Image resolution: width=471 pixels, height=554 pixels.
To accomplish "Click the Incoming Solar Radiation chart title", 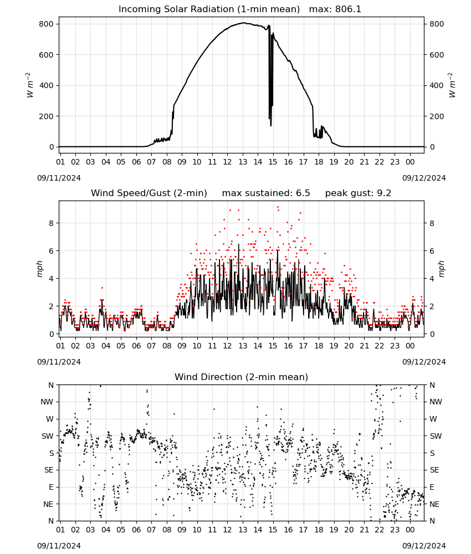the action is (x=209, y=9).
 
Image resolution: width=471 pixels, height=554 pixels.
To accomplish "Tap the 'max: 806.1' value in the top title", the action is (x=335, y=9).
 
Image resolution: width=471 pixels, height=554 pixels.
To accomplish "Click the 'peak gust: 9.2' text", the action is (x=358, y=193).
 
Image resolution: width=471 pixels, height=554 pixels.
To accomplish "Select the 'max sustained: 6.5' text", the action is (x=266, y=193).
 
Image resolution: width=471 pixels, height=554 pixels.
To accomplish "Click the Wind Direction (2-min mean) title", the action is (x=242, y=377).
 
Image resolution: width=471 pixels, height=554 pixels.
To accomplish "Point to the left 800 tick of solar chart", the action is (x=47, y=24).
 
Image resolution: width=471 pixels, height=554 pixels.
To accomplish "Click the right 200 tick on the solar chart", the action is (x=437, y=116).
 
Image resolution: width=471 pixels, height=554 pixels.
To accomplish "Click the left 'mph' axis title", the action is (x=39, y=269).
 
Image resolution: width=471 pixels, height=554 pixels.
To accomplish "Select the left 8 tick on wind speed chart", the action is (x=52, y=223).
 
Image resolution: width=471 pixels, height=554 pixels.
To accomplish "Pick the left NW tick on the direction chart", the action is (x=47, y=402).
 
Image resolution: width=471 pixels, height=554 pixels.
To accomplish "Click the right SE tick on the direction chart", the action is (x=434, y=470).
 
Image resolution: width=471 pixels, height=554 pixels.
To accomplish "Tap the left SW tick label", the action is (x=48, y=436).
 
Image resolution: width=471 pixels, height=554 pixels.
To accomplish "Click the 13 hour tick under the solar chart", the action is (x=243, y=162).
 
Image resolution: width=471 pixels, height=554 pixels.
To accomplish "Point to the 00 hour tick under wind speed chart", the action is (x=410, y=346).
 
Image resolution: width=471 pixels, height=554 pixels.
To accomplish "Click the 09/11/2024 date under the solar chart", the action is (x=59, y=178).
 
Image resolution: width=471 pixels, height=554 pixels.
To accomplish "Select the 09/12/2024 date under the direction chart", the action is (x=424, y=546).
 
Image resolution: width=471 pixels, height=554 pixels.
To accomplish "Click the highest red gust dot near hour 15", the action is (x=278, y=207).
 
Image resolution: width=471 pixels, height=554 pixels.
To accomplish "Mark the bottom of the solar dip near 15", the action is (x=271, y=126).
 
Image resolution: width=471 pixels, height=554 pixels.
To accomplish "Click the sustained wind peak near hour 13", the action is (x=238, y=244).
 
